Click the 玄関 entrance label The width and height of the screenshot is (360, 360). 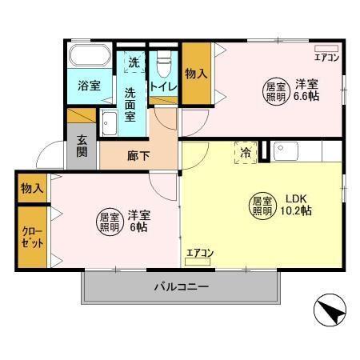82,144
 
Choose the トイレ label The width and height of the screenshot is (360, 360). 163,87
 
